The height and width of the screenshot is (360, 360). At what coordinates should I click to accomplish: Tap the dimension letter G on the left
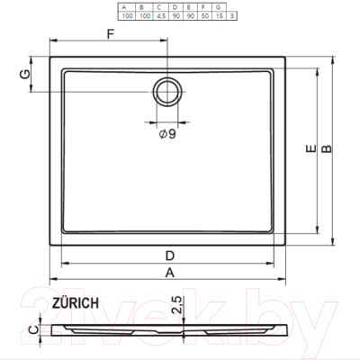tap(26, 74)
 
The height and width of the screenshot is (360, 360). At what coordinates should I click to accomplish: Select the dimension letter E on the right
tap(310, 154)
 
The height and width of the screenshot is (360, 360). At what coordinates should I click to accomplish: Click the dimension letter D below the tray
tap(169, 255)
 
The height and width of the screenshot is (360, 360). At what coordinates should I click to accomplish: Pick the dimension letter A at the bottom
tap(169, 274)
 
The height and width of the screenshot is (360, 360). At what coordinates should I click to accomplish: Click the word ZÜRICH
tap(76, 304)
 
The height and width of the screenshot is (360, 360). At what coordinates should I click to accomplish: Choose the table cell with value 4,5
tap(159, 15)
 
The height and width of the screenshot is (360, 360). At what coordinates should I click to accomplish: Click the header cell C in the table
tap(159, 6)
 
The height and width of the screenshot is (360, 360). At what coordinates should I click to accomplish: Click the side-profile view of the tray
tap(171, 330)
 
